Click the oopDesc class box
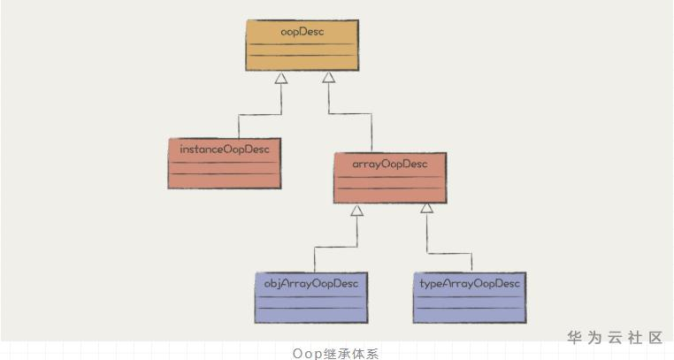(x=302, y=46)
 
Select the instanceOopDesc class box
(x=225, y=164)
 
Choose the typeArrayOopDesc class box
(x=469, y=297)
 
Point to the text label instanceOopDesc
(x=225, y=149)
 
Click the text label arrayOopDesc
(x=390, y=164)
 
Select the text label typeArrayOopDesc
(x=469, y=283)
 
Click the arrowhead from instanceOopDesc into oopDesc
(x=280, y=79)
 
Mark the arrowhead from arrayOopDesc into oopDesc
(x=328, y=79)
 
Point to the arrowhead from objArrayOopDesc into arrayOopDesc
(x=356, y=211)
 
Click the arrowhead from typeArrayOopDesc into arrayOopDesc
(x=426, y=209)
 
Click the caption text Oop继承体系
(x=335, y=353)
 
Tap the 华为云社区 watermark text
(x=615, y=337)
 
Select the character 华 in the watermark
(x=575, y=337)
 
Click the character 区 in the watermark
(x=655, y=337)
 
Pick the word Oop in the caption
(x=305, y=353)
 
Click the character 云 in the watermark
(x=615, y=337)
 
